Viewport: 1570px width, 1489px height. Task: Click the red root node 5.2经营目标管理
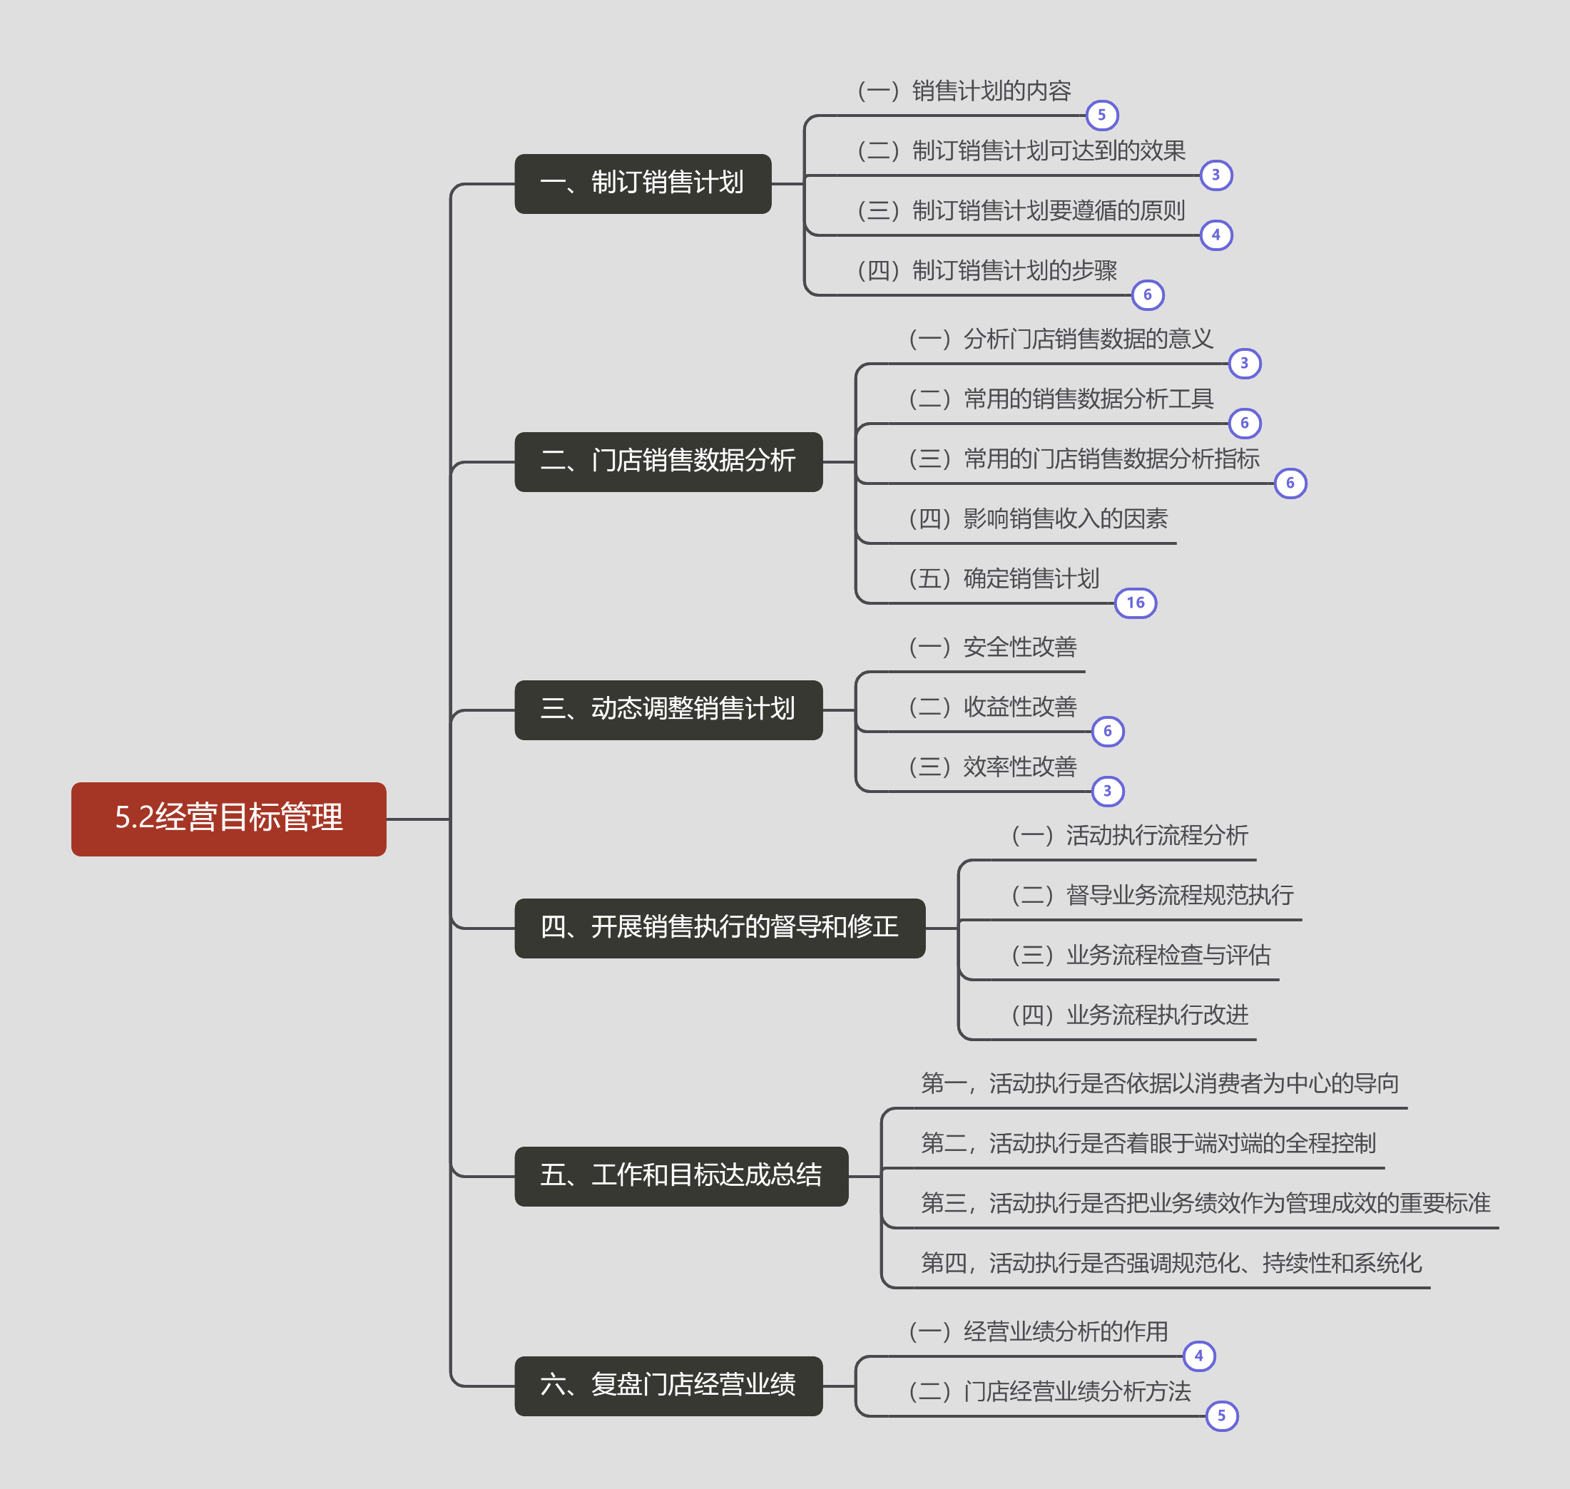point(228,819)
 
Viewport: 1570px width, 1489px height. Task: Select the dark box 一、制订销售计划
point(642,183)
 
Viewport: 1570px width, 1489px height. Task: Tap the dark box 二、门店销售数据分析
point(668,461)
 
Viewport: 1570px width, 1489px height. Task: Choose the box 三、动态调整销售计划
point(668,710)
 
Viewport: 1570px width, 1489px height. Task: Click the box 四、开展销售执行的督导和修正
point(719,928)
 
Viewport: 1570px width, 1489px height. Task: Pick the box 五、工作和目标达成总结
point(681,1175)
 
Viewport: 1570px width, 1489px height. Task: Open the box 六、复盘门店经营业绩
point(668,1385)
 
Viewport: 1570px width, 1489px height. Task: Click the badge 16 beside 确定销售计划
point(1135,603)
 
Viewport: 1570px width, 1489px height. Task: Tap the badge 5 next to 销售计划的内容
point(1101,115)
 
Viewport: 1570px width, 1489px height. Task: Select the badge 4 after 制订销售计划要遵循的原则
point(1216,235)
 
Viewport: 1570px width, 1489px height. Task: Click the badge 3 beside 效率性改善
point(1108,792)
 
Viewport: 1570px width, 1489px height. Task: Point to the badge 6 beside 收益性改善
point(1108,731)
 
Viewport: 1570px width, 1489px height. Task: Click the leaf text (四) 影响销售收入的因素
point(1038,519)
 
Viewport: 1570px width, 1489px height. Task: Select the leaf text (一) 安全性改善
point(993,648)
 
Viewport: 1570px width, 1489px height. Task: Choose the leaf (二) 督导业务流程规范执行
point(1153,895)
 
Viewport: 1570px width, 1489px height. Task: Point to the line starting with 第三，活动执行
point(1205,1203)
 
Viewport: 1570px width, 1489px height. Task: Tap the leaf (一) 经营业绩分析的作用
point(1038,1332)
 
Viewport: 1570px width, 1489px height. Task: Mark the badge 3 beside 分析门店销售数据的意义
point(1245,364)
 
